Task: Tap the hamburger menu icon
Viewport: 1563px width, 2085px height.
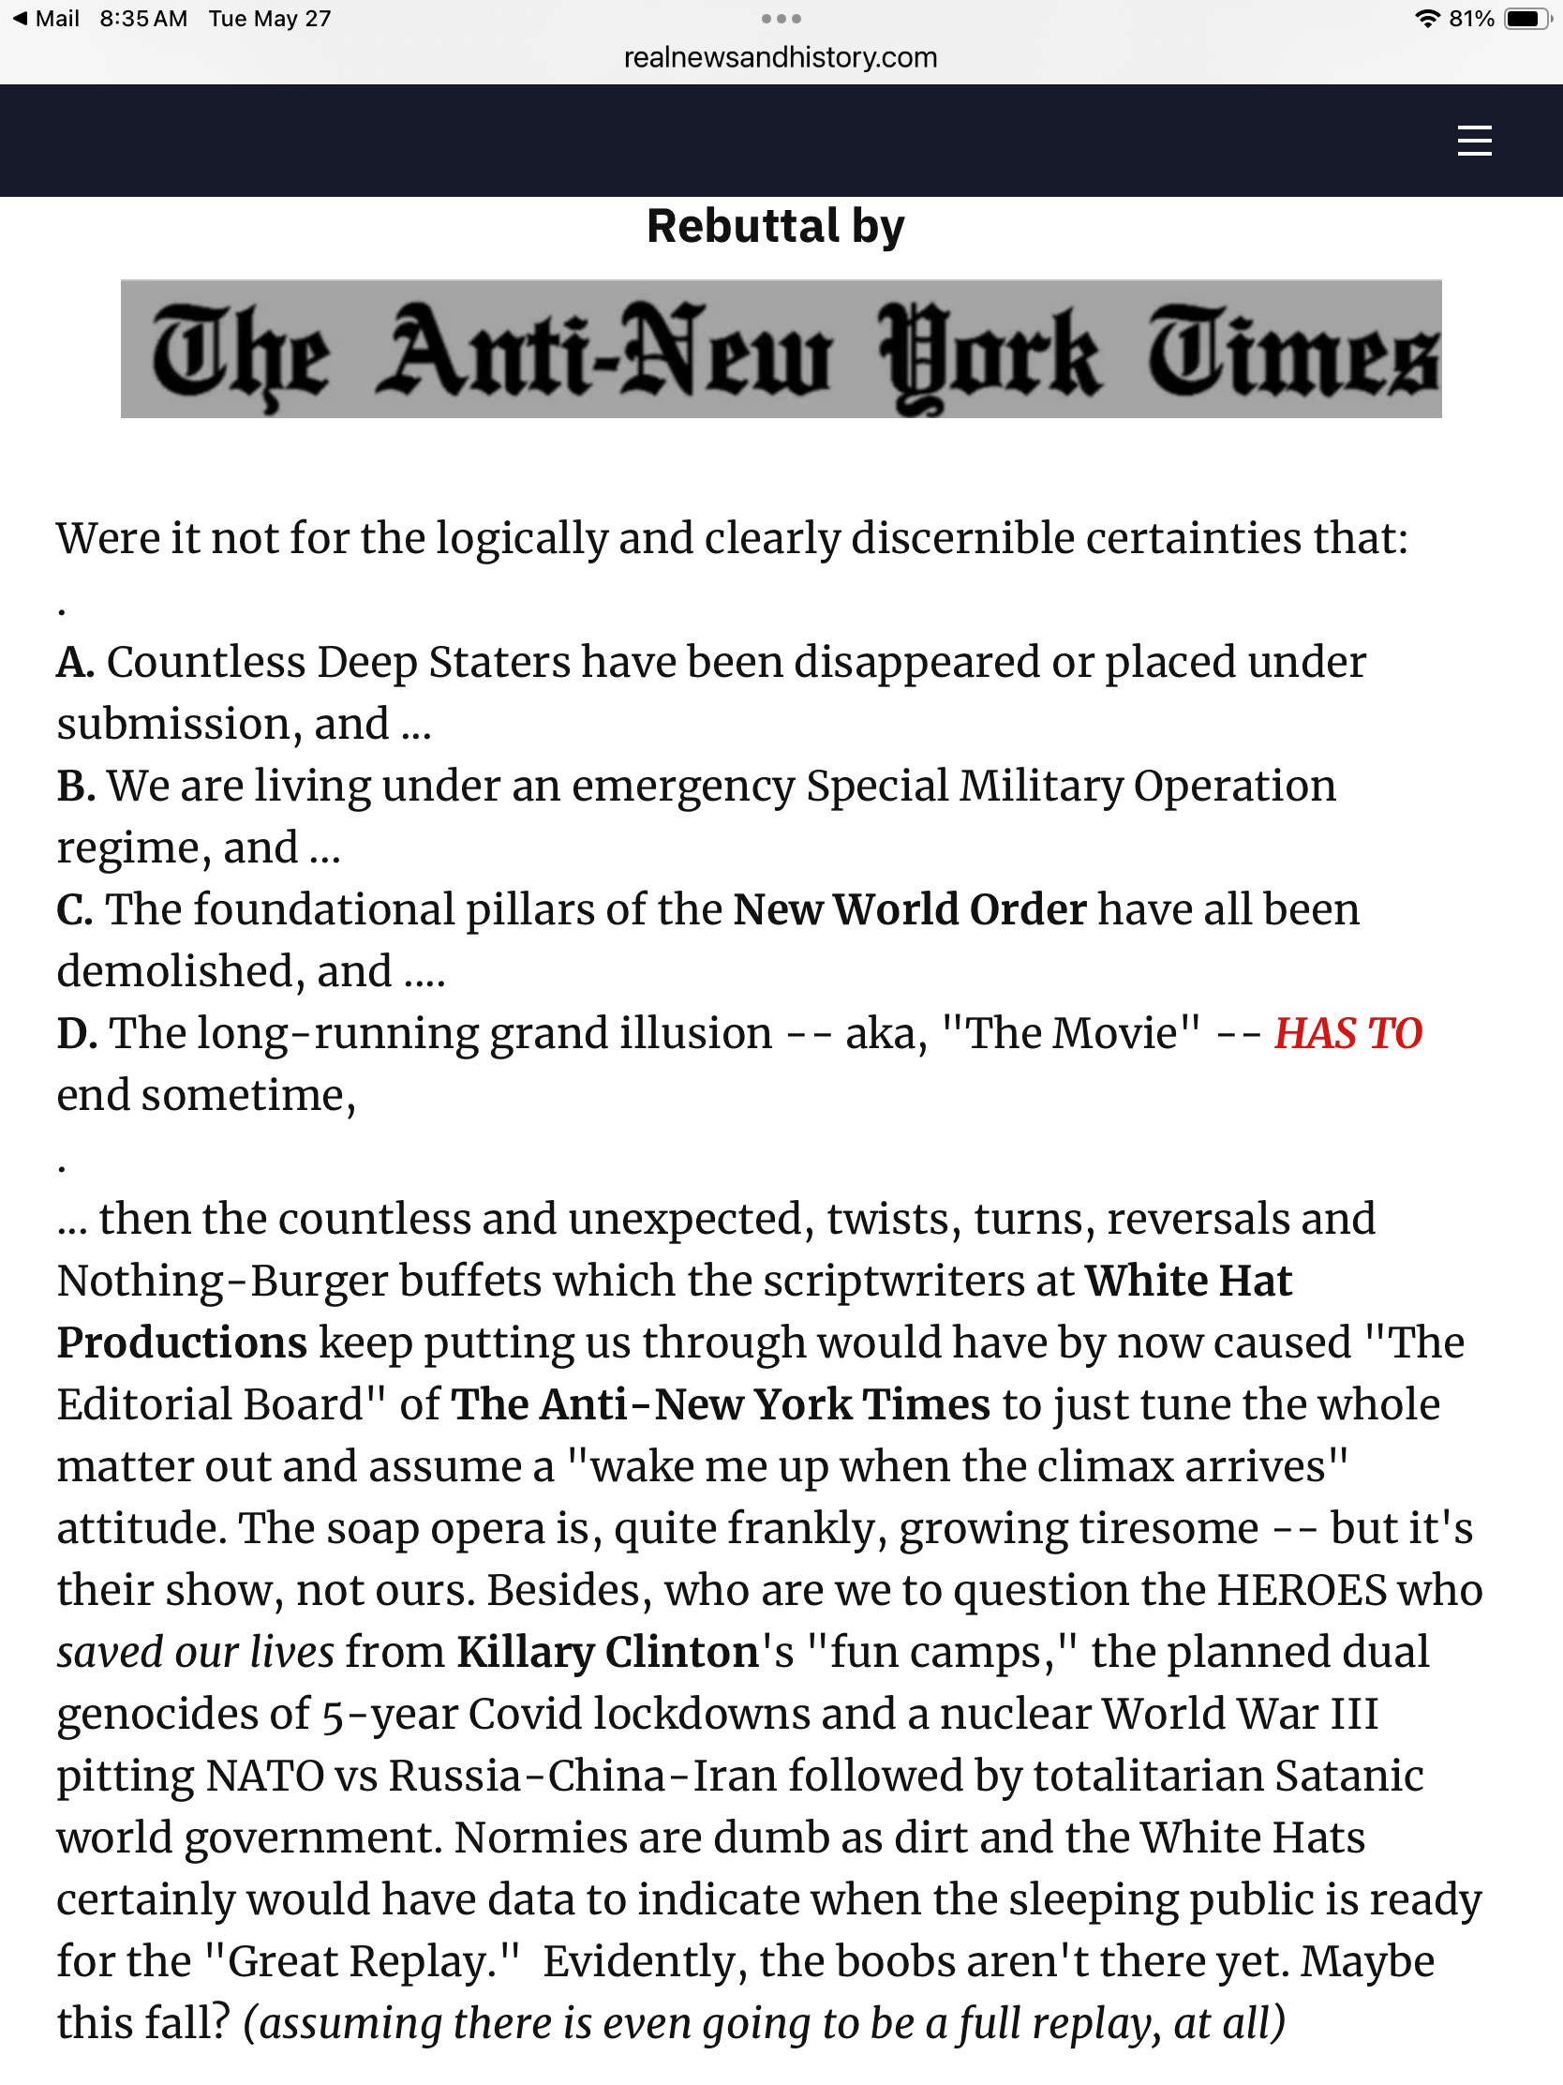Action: [1473, 142]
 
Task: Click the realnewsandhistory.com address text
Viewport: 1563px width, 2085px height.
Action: [780, 57]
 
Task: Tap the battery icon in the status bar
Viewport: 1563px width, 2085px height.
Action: [1526, 19]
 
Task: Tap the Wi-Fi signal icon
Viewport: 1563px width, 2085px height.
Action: [1428, 19]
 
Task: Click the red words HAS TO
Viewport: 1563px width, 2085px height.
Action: [1347, 1033]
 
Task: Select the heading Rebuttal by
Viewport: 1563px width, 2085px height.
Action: [775, 226]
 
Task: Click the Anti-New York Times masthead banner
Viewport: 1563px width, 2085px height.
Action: [780, 349]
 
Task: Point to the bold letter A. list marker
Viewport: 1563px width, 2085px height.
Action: [74, 663]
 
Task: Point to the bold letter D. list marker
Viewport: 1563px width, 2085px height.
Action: [76, 1034]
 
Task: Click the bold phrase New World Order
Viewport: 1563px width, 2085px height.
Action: [909, 910]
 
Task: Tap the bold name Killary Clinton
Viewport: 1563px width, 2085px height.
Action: [607, 1653]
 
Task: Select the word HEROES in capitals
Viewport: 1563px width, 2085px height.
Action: [1301, 1590]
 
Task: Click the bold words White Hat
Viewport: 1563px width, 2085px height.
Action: [1188, 1281]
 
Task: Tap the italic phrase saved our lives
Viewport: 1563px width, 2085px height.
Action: [195, 1653]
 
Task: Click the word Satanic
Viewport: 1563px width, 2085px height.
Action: [1348, 1776]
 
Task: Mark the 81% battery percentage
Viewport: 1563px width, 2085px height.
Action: [1471, 19]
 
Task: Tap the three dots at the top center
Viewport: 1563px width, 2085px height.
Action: [781, 19]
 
